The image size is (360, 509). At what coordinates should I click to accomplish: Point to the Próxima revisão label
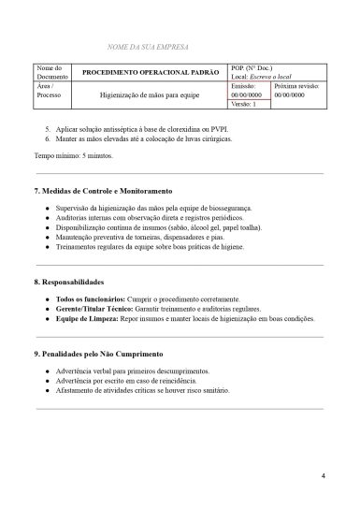(296, 85)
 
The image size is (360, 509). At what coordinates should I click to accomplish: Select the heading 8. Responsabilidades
(69, 282)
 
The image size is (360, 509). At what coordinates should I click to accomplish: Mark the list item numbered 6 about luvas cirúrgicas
(150, 139)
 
